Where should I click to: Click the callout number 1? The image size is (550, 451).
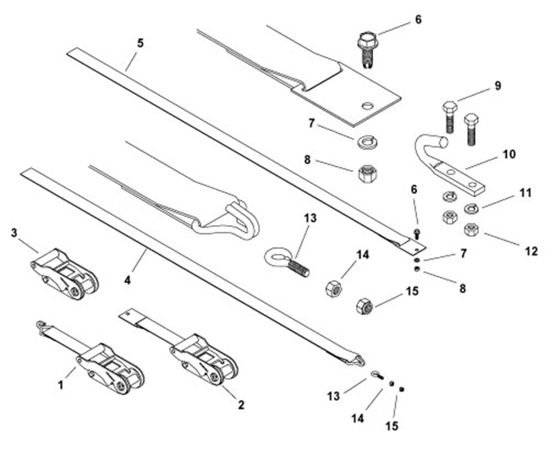[x=61, y=384]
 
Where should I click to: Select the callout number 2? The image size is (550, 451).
[x=240, y=404]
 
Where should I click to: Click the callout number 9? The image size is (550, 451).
[x=498, y=85]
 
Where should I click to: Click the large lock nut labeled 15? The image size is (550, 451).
[x=366, y=303]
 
